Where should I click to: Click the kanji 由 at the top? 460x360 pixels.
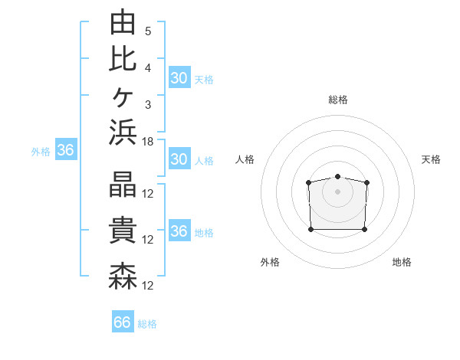pos(123,21)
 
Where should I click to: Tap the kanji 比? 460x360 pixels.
pos(123,60)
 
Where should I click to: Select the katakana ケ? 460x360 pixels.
pos(123,97)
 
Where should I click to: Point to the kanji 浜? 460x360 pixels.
pos(123,132)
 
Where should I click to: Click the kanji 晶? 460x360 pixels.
pos(123,184)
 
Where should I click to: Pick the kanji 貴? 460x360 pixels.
pos(123,230)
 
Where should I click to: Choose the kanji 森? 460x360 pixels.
pos(123,277)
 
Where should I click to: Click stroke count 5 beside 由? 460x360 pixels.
pos(148,31)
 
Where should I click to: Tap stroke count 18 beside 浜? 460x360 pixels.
pos(147,142)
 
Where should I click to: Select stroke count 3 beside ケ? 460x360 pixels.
pos(148,105)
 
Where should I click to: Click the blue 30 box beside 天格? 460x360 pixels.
pos(179,77)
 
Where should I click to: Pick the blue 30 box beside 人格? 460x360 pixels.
pos(179,159)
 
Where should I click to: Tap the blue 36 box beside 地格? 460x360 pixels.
pos(179,230)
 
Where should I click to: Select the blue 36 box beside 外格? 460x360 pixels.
pos(66,149)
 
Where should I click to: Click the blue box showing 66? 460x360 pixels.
pos(123,321)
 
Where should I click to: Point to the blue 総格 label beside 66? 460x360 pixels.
pos(147,324)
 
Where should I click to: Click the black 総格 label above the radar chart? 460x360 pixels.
pos(338,100)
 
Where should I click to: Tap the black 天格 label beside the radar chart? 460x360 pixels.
pos(431,159)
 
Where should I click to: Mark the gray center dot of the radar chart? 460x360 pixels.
pos(337,191)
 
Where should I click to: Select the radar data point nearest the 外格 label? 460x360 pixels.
pos(311,229)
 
